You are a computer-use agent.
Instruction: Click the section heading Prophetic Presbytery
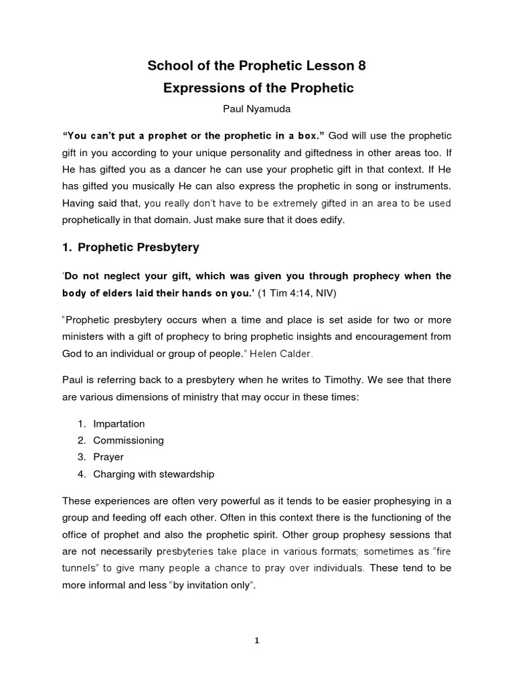[139, 247]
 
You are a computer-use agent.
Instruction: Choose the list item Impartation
[119, 424]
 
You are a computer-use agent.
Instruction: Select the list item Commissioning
[128, 441]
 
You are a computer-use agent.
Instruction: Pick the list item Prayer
[108, 458]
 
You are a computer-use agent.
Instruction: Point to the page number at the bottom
[257, 640]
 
